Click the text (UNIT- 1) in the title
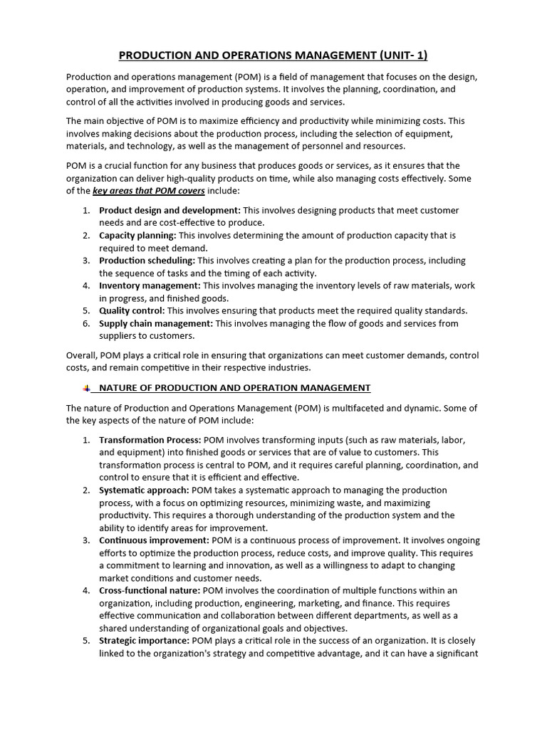click(x=392, y=56)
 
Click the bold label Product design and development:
click(x=170, y=211)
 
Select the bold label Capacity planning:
click(x=137, y=236)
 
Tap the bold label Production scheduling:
click(x=147, y=261)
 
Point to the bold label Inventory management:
click(x=149, y=285)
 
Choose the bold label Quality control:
click(x=132, y=310)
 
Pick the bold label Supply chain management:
click(x=156, y=323)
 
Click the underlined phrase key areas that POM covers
click(x=149, y=191)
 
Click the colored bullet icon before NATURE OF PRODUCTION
click(x=86, y=388)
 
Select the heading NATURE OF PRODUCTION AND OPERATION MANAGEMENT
click(x=235, y=388)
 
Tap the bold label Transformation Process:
click(x=150, y=440)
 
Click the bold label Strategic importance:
click(x=144, y=641)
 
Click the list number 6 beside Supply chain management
click(x=85, y=323)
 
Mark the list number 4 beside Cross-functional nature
click(x=85, y=590)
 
